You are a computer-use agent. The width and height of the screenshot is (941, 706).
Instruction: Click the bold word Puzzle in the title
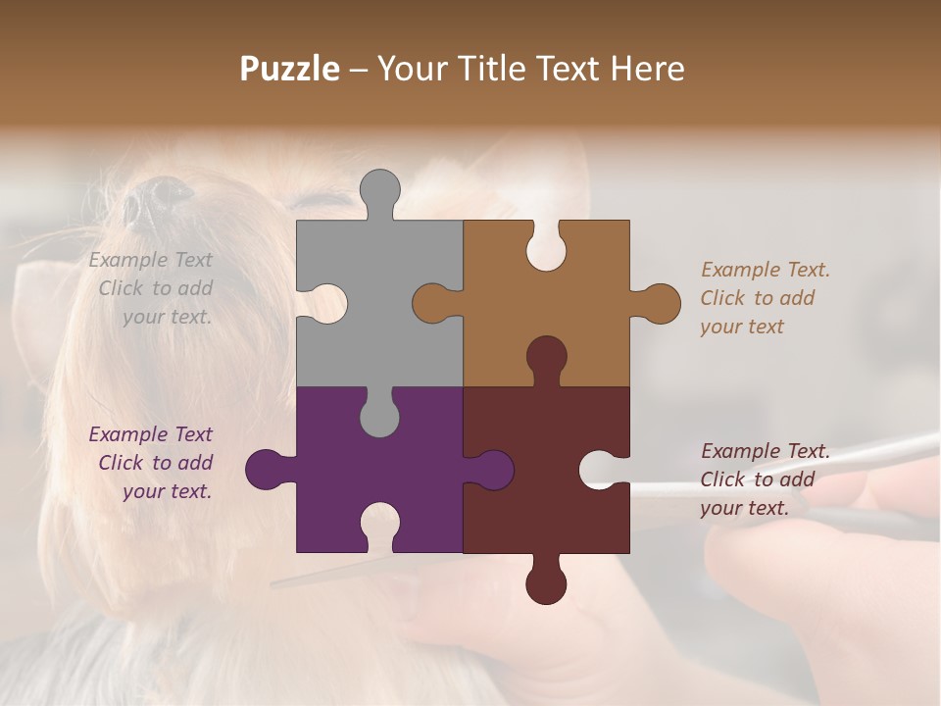289,69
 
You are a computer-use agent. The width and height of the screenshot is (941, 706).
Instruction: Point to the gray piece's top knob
379,191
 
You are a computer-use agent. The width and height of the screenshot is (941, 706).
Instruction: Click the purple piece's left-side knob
268,469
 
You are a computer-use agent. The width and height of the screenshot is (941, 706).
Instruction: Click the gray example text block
153,288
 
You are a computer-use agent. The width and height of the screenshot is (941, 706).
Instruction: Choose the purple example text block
153,463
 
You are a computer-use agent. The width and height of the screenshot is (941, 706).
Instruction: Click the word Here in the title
647,69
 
